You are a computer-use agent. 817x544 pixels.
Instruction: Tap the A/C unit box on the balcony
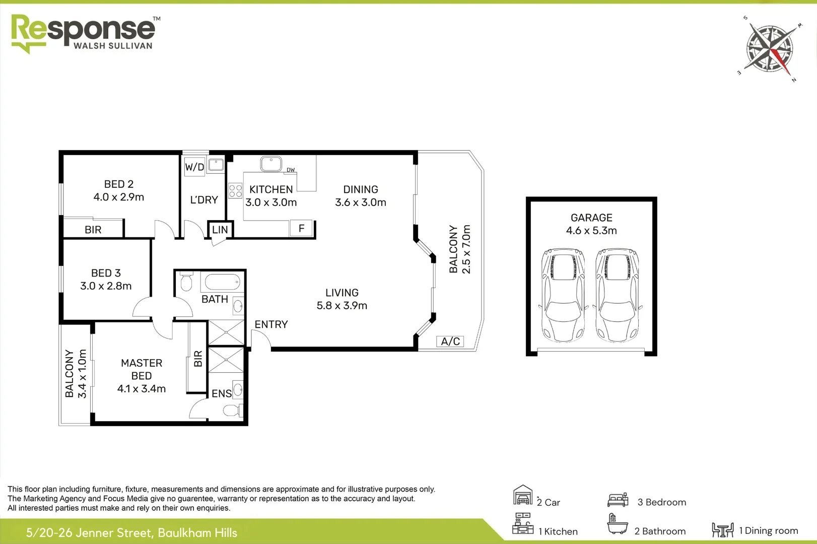(x=450, y=342)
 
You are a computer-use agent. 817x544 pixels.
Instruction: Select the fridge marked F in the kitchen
(x=301, y=229)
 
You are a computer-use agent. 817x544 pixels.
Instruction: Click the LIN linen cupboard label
(x=220, y=230)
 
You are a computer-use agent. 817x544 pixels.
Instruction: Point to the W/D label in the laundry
(x=194, y=167)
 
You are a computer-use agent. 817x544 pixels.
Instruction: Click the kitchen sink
(x=271, y=164)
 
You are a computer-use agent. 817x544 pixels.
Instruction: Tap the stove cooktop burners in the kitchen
(x=235, y=190)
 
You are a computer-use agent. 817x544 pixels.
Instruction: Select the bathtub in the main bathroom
(x=222, y=282)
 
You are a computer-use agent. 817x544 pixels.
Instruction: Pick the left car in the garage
(x=563, y=294)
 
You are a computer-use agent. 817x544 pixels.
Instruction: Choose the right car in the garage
(x=617, y=294)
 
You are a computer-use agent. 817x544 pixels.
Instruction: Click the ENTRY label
(x=271, y=324)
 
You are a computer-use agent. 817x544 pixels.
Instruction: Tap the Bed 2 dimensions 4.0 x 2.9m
(x=119, y=197)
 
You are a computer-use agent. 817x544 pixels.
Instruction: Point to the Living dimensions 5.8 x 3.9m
(x=342, y=305)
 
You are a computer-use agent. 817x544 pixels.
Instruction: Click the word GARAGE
(x=591, y=218)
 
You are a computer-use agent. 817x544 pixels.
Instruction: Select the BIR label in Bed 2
(x=93, y=230)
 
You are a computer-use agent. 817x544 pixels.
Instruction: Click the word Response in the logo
(x=83, y=29)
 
